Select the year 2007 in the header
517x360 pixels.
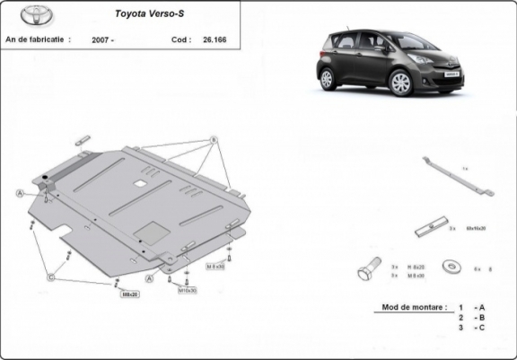101,40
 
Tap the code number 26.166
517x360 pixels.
215,40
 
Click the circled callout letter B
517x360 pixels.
215,140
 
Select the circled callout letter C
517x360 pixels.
51,279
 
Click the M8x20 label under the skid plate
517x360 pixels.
130,294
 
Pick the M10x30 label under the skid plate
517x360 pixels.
187,290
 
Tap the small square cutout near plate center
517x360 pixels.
142,183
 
